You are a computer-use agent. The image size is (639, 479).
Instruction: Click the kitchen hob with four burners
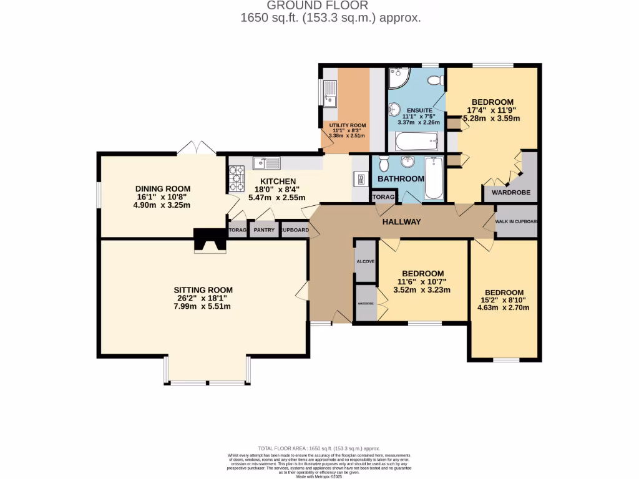coord(237,178)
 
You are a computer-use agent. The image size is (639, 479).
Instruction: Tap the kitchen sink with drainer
coord(267,163)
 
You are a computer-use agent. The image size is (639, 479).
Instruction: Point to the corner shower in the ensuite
coord(398,78)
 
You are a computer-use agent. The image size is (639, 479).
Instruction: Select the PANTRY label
coord(264,230)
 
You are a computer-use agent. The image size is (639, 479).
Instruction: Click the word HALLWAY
coord(401,222)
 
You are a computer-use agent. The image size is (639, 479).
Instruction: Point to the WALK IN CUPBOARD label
coord(517,221)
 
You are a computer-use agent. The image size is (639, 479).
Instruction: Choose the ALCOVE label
coord(365,261)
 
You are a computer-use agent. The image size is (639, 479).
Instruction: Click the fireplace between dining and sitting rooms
coord(209,240)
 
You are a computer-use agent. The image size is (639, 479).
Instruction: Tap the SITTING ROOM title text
coord(203,290)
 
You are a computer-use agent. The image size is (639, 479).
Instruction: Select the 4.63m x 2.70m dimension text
coord(504,307)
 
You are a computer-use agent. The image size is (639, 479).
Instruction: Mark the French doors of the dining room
coord(196,148)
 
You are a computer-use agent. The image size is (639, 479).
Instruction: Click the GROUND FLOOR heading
coord(330,6)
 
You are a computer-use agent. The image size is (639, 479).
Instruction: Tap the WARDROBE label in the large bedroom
coord(511,193)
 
